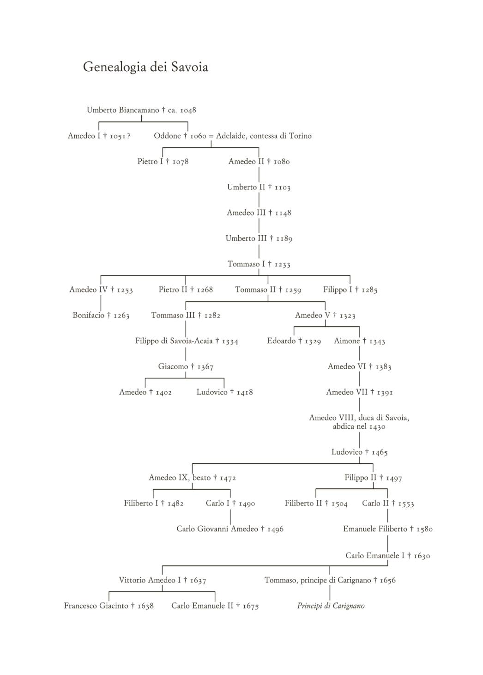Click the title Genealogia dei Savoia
coord(145,67)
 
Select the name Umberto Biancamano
coord(123,110)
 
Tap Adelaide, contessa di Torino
coord(264,136)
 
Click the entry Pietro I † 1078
coord(163,162)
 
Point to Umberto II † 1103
coord(259,187)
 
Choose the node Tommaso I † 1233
coord(259,264)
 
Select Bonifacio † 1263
coord(101,315)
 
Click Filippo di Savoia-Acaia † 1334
coord(187,341)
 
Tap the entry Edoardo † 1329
coord(294,341)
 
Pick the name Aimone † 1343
coord(359,341)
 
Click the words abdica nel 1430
coord(359,426)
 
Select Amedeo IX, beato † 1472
coord(192,478)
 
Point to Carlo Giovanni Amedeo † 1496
coord(230,529)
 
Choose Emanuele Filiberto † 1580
coord(388,529)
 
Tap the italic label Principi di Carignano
coord(331,606)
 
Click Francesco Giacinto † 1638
coord(109,606)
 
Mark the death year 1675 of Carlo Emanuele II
coord(251,606)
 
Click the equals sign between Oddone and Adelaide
coord(211,136)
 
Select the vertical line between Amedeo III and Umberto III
coord(259,226)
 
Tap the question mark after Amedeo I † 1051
coord(128,136)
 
